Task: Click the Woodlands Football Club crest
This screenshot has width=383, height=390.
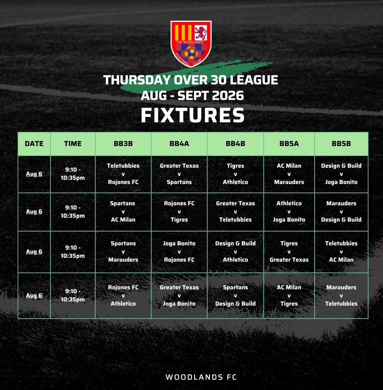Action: click(191, 44)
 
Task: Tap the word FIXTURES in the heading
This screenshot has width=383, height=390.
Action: click(193, 115)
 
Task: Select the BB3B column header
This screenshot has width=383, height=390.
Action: click(123, 144)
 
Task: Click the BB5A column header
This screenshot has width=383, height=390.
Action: click(289, 144)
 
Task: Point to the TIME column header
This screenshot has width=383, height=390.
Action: click(73, 144)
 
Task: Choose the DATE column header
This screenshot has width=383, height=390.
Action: click(34, 144)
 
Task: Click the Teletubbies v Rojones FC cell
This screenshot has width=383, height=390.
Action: click(123, 174)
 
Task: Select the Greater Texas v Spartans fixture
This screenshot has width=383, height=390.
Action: click(179, 174)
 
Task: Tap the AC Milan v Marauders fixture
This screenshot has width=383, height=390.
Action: click(289, 174)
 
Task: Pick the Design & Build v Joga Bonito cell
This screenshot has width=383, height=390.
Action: click(341, 174)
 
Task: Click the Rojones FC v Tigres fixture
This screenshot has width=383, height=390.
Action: click(179, 211)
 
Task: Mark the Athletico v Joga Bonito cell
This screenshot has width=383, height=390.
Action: click(289, 211)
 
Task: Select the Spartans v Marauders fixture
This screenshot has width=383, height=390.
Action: click(123, 251)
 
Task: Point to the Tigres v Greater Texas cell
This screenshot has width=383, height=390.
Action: click(289, 251)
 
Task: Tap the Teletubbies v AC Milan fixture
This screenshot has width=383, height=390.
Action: click(341, 251)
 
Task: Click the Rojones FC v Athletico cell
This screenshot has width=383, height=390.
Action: click(123, 295)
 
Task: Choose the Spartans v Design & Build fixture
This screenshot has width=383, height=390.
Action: click(235, 295)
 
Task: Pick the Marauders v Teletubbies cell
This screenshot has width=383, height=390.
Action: click(341, 295)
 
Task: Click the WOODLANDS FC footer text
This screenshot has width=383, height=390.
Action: click(201, 377)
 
